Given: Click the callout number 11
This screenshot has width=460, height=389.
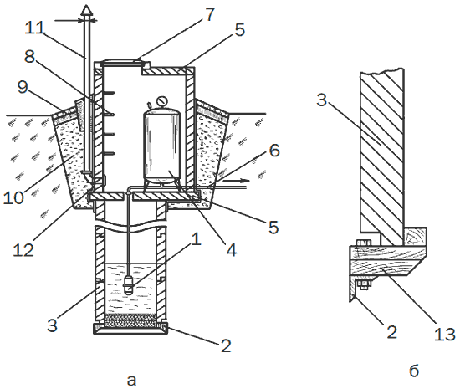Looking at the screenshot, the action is (35, 28).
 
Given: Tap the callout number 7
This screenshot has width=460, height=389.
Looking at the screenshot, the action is (210, 14).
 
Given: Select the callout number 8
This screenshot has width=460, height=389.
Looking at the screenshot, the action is (29, 56).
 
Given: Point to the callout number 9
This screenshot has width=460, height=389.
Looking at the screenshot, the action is (23, 86).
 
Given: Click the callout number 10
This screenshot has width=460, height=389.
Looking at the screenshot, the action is (13, 197).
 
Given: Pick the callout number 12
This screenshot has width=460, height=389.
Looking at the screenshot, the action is (23, 250).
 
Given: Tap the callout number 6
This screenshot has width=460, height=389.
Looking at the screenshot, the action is (274, 151).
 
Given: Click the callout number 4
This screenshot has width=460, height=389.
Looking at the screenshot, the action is (231, 250).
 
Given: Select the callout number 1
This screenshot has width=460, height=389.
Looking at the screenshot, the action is (196, 238).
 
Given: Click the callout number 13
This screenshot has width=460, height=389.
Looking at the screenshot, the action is (445, 334).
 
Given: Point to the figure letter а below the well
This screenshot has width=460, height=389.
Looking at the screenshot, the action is (131, 381).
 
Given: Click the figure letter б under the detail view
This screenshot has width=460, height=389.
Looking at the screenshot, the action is (414, 371).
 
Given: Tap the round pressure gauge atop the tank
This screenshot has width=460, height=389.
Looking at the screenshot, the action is (161, 101).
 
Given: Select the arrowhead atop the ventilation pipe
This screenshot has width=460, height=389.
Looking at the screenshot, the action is (87, 10).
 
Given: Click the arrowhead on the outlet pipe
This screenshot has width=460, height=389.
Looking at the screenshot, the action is (243, 180).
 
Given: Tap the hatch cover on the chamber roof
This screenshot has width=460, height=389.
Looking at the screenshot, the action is (122, 61).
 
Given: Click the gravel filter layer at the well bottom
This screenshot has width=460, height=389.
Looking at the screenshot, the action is (130, 320).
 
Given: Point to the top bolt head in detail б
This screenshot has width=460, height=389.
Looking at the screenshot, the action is (363, 243).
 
